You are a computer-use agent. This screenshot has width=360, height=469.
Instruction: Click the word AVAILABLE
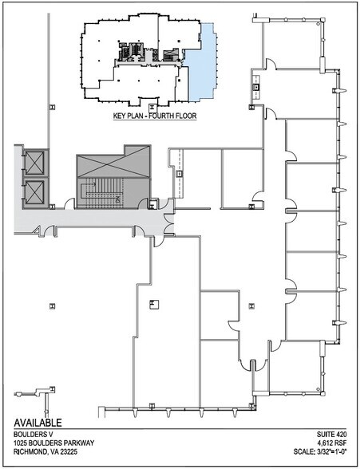38,423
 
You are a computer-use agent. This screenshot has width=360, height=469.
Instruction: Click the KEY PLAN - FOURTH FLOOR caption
155,116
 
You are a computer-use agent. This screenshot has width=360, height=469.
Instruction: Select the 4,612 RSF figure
334,443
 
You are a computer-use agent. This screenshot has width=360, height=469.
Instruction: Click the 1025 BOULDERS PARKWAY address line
53,443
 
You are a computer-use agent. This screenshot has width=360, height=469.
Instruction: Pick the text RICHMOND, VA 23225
45,451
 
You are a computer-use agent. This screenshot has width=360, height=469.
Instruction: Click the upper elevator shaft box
34,163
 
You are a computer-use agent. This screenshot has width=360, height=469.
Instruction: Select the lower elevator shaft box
34,192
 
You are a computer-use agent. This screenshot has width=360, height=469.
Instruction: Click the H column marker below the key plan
152,108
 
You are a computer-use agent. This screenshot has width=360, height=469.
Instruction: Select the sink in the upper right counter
257,88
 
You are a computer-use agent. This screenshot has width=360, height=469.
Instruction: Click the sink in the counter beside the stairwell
179,173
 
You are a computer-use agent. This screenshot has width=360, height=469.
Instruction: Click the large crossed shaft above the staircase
113,161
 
